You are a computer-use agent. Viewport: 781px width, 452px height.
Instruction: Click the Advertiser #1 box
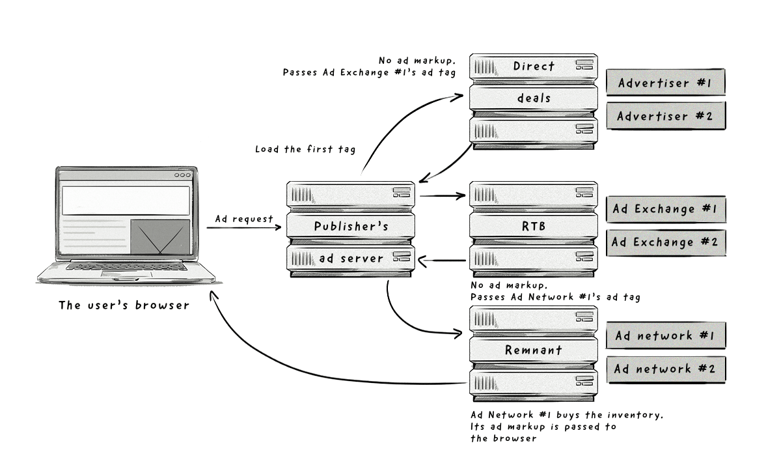665,83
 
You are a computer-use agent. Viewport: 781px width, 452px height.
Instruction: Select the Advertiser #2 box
665,116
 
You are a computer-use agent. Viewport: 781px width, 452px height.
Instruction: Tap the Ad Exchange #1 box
665,209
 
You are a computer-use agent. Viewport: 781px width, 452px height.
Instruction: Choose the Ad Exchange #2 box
665,242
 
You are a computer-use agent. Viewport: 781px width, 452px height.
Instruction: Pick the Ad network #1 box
665,335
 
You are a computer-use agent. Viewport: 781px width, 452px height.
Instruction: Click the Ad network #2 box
665,369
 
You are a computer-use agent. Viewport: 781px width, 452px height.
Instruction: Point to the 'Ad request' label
245,219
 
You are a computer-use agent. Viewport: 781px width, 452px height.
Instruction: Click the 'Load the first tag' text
305,149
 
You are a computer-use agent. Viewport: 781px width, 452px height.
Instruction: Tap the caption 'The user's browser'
124,305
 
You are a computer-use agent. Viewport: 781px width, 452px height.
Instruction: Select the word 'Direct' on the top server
534,66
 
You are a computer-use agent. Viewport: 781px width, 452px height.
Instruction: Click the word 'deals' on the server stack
534,98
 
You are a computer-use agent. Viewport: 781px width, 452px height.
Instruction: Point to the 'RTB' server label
534,227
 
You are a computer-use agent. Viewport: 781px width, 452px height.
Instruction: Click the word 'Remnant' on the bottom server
534,350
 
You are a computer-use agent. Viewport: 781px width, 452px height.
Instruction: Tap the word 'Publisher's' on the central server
351,227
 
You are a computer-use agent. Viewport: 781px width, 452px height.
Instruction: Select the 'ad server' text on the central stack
351,259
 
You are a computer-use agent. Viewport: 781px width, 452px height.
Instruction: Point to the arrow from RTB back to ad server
443,261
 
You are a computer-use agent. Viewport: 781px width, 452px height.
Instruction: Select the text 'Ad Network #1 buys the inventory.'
566,415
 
